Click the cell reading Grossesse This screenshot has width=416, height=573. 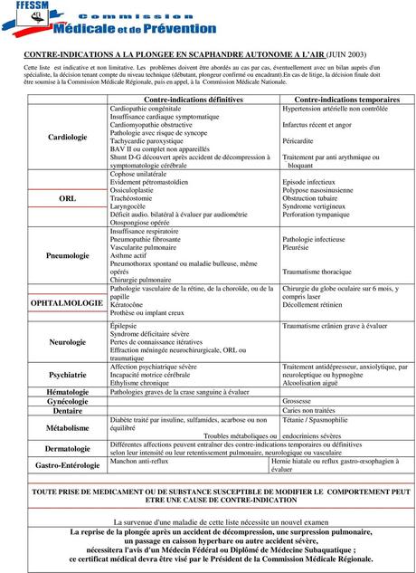(298, 400)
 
